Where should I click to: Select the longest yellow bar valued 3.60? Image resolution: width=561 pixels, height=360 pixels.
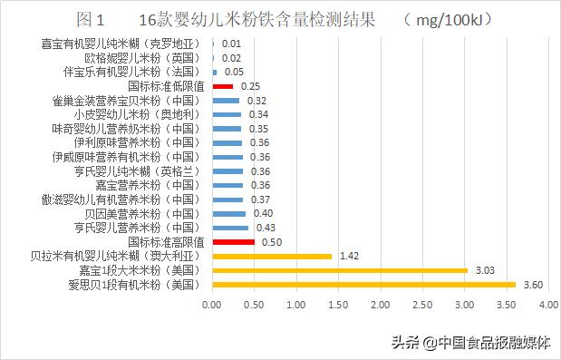point(363,285)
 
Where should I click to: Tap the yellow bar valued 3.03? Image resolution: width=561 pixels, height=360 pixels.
point(340,270)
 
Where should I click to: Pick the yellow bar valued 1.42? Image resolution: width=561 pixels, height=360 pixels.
point(272,257)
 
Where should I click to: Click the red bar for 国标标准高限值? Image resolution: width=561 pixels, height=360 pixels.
point(233,242)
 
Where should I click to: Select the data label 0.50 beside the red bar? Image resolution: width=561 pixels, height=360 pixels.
point(271,242)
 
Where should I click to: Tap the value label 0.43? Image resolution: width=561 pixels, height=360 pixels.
point(266,228)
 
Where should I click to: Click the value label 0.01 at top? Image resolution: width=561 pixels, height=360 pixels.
point(231,44)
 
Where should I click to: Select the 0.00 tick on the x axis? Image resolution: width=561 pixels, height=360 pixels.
point(212,306)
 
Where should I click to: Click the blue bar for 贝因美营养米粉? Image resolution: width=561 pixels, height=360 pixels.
point(228,214)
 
